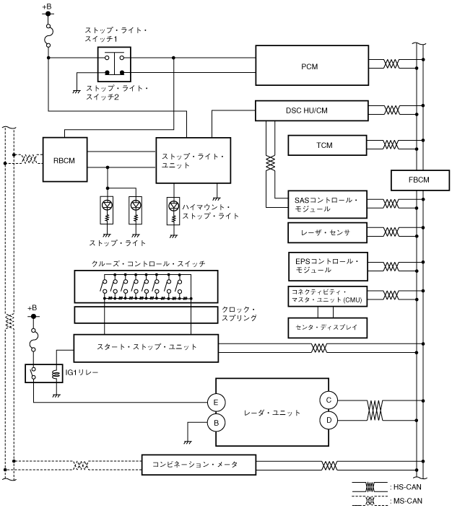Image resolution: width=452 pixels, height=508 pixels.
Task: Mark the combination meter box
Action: point(199,463)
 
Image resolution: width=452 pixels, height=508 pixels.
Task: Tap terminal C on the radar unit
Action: point(329,399)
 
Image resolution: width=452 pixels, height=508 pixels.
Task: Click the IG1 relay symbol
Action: point(45,373)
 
